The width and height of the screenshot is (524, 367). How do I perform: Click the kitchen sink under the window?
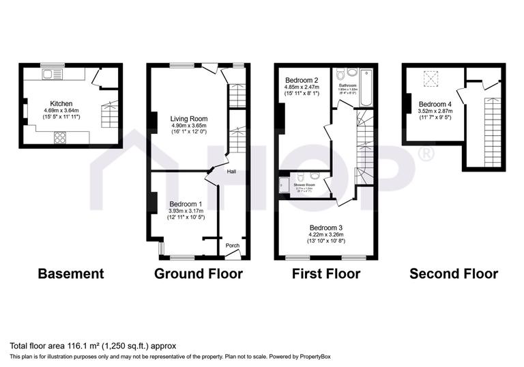(x=51, y=72)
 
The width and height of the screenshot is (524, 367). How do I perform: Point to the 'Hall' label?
(x=232, y=172)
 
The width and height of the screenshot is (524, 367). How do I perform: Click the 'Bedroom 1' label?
(x=186, y=204)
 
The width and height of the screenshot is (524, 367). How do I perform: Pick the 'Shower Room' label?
(x=304, y=185)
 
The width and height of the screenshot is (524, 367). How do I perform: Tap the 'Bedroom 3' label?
(x=325, y=228)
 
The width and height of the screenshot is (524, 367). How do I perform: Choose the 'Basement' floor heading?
(x=71, y=274)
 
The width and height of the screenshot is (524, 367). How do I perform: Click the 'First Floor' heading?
(x=325, y=274)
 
